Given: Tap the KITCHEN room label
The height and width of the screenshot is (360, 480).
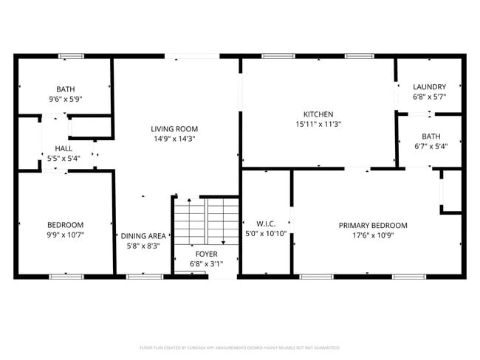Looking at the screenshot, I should coord(318,114).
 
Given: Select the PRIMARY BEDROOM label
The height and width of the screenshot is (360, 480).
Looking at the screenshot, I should coord(373,225).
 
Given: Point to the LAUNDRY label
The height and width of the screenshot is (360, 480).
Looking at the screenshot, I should coord(429,87).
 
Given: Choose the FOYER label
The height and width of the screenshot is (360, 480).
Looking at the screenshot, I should coord(205,253).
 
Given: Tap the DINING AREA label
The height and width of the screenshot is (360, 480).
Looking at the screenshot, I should coord(143,236).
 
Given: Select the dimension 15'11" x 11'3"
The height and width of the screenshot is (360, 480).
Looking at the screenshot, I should coord(318,124).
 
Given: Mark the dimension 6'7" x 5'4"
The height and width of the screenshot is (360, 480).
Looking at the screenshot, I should coord(431,145).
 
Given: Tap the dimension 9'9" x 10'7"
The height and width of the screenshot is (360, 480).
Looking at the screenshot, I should coord(65,235).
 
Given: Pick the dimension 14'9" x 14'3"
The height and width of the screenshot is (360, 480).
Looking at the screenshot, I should coord(174,138).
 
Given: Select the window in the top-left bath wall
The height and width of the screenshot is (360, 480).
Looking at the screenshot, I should coord(71,55).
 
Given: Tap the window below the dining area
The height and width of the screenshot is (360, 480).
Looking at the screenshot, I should coord(140,277).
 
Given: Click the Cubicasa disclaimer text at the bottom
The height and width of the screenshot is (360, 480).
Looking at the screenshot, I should coord(240,347).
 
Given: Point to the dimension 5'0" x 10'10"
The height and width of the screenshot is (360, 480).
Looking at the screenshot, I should coord(265,234).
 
